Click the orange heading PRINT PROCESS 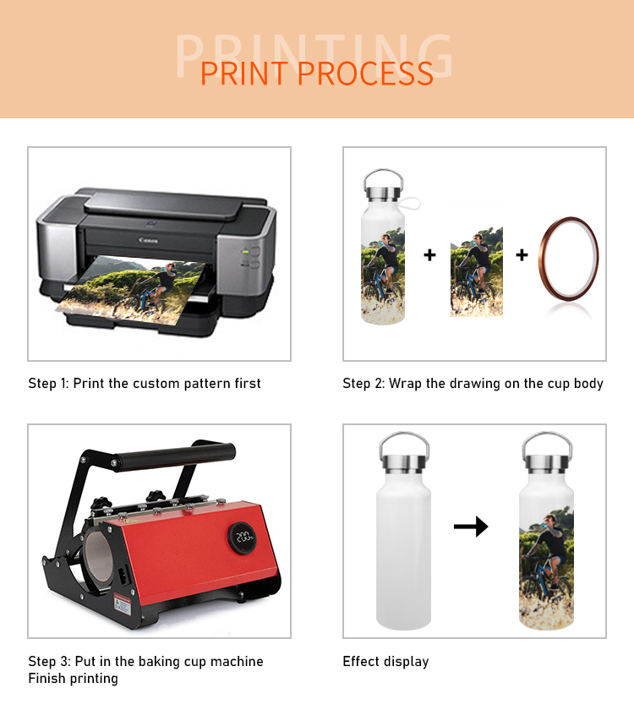tap(317, 74)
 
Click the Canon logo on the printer tap(149, 240)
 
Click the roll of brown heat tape tap(568, 259)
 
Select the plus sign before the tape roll tap(522, 255)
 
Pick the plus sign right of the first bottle tap(429, 255)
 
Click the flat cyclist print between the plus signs tap(477, 271)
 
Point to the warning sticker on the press tap(123, 604)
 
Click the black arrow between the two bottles tap(471, 526)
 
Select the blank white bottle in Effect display tap(403, 530)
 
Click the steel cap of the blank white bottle tap(404, 463)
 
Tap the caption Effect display tap(385, 662)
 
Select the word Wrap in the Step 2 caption tap(405, 384)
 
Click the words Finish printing tap(73, 678)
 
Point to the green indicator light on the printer tap(245, 251)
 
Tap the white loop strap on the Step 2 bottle tap(410, 204)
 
